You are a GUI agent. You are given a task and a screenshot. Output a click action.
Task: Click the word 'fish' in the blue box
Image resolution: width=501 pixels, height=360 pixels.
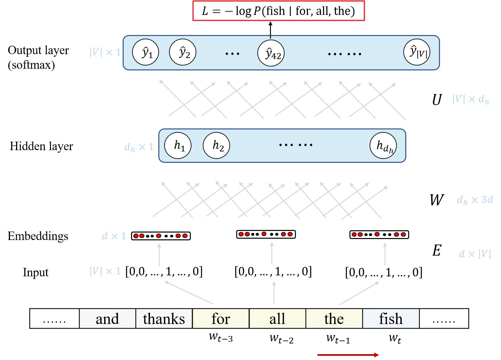click(x=391, y=319)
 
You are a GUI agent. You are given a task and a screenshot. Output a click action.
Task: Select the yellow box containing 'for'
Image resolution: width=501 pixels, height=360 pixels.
click(x=221, y=319)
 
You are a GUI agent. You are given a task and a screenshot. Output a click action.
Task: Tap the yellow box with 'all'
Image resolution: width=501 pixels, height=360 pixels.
click(x=277, y=319)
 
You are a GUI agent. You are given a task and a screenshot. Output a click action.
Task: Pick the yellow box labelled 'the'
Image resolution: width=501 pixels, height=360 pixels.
click(x=334, y=319)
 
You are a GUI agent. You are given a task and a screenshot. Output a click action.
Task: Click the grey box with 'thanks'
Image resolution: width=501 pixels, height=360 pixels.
click(x=164, y=319)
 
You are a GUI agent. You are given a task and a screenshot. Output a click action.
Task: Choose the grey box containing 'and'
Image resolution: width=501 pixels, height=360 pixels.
click(x=107, y=319)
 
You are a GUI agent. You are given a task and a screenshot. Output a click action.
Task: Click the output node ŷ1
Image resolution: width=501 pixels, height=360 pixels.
click(x=146, y=52)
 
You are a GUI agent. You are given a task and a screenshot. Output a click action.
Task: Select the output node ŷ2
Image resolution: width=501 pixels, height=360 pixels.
click(x=183, y=52)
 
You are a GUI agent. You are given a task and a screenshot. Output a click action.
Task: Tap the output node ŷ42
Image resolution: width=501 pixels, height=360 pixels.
click(x=271, y=53)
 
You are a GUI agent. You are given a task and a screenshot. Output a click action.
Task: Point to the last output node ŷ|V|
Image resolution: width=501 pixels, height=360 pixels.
click(x=417, y=52)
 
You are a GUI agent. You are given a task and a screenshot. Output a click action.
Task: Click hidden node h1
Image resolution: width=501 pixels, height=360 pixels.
click(x=178, y=145)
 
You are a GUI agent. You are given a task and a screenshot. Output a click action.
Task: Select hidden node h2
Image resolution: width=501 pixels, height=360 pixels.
click(x=216, y=145)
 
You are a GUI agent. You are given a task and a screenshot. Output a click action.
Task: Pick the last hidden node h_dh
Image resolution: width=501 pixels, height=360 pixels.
click(x=383, y=146)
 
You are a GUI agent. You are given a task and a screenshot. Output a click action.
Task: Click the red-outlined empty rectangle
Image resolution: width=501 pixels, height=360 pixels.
click(x=279, y=11)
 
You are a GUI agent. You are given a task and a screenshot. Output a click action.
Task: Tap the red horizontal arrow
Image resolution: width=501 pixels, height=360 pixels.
click(x=348, y=355)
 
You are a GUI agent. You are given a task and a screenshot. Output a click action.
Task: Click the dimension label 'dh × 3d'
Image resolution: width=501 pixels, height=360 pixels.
click(x=475, y=200)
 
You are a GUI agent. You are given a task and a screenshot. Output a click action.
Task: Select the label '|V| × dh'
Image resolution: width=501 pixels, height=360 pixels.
click(x=470, y=99)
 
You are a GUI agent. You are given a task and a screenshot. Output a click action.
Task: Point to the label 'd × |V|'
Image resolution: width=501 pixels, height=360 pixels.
click(x=475, y=254)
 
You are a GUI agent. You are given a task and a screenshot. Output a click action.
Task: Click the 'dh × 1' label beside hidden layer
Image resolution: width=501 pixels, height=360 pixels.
click(x=139, y=147)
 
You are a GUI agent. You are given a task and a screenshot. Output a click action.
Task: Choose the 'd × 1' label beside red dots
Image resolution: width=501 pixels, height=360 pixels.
click(x=114, y=236)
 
